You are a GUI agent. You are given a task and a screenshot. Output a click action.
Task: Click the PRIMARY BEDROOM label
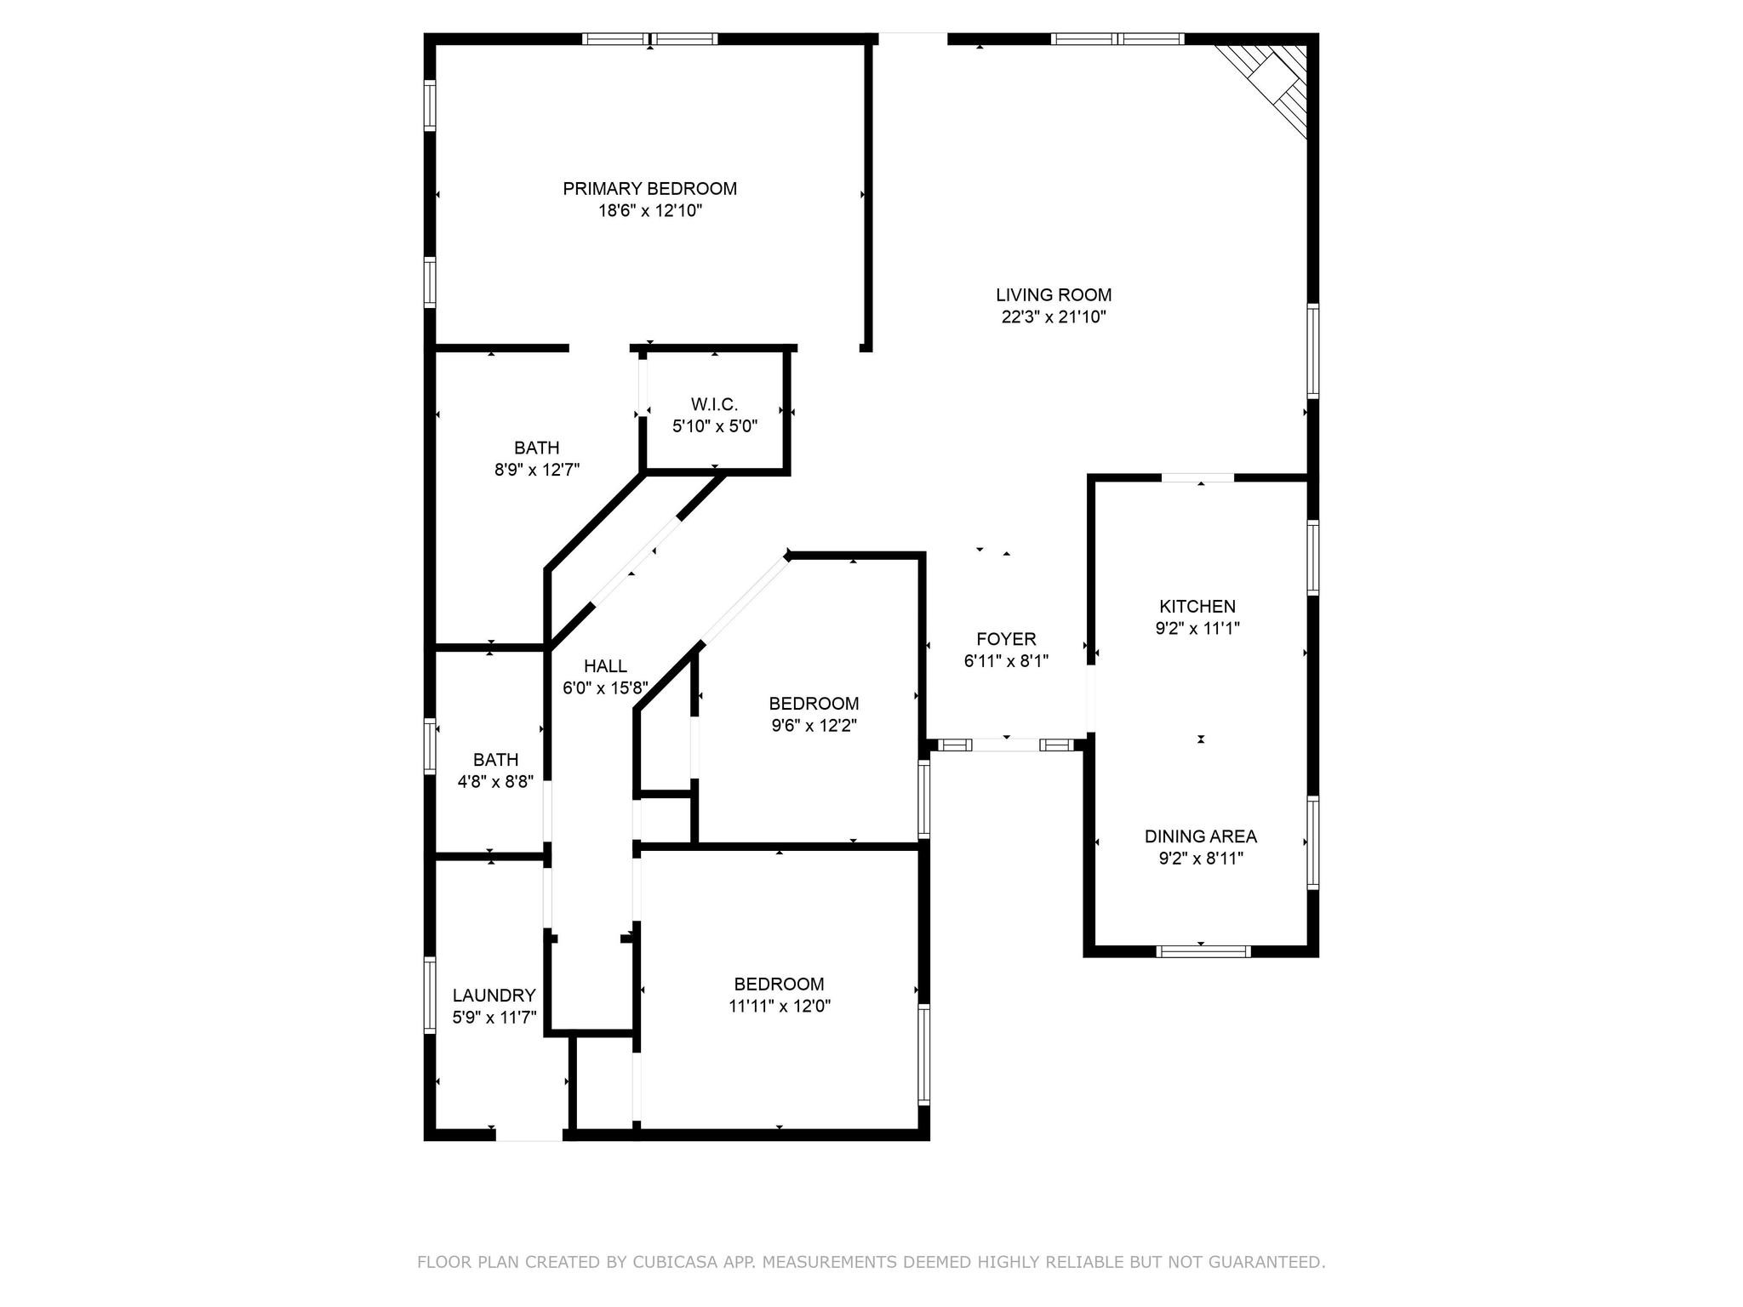pos(649,189)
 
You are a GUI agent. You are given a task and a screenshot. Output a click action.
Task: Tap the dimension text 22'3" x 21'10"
pos(1054,317)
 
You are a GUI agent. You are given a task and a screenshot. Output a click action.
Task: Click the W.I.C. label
pos(714,404)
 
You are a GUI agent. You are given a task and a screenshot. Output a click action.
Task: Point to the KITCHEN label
pos(1197,607)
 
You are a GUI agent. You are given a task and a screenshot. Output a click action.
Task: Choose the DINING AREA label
pos(1200,836)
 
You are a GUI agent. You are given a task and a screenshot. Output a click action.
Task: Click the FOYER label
pos(1006,639)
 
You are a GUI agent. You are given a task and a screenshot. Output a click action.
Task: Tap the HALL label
pos(605,666)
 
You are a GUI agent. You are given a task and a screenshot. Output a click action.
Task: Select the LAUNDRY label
pos(494,996)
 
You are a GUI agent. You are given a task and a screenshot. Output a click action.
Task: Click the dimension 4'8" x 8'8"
pos(495,782)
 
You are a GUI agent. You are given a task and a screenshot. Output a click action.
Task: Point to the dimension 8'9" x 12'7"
pos(537,470)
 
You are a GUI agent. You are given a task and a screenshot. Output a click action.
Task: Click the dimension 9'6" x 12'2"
pos(814,726)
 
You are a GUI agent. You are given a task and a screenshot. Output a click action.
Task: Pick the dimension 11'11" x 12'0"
pos(779,1007)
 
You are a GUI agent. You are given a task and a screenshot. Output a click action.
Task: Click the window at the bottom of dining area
pos(1203,951)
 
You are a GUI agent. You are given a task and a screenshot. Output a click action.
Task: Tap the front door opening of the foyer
pos(1006,745)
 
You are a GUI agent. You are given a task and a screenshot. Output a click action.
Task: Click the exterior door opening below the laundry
pos(529,1134)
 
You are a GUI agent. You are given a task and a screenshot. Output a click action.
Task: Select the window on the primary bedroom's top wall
pos(650,39)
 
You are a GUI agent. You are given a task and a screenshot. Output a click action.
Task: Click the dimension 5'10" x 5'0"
pos(714,426)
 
